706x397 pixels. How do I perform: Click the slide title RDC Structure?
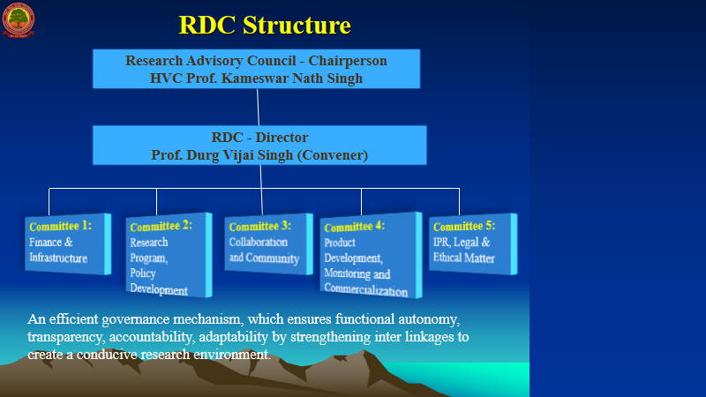click(x=265, y=25)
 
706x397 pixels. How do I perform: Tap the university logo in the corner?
click(x=18, y=19)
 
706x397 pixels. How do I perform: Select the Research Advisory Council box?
click(x=256, y=69)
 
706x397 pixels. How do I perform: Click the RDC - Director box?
click(x=259, y=146)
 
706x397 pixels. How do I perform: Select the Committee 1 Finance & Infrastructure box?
click(x=67, y=243)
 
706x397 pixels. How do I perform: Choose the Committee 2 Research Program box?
click(x=168, y=255)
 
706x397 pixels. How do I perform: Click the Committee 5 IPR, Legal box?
click(x=469, y=243)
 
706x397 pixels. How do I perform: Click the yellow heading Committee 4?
click(x=354, y=227)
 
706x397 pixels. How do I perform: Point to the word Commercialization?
click(x=365, y=291)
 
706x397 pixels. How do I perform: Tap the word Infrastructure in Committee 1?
click(x=58, y=258)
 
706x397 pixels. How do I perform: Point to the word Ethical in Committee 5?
click(x=449, y=258)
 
